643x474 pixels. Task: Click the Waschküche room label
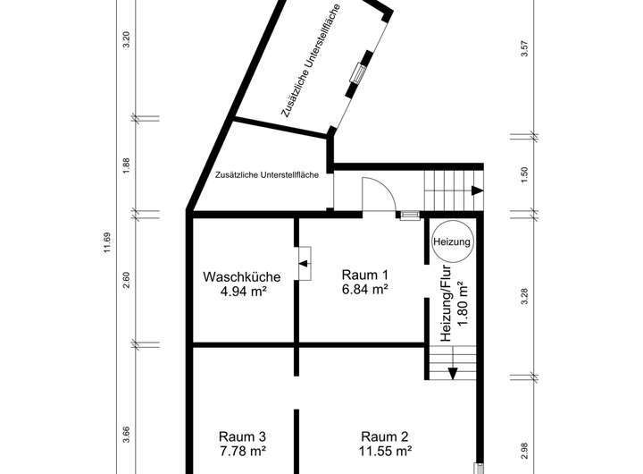tap(241, 277)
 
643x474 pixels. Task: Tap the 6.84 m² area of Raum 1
tap(365, 289)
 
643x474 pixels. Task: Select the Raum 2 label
tap(385, 436)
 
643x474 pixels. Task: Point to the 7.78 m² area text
tap(242, 451)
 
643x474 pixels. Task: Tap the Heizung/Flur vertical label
tap(446, 303)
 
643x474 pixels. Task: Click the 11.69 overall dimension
tap(107, 243)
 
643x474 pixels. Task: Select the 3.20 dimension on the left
tap(127, 39)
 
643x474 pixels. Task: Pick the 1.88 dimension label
tap(127, 165)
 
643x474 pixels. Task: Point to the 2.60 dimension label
tap(127, 280)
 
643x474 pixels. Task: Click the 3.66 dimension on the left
tap(127, 435)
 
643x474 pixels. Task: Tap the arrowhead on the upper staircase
tap(477, 190)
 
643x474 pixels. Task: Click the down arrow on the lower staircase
tap(453, 373)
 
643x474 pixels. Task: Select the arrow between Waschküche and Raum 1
tap(304, 263)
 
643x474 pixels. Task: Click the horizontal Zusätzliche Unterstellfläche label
tap(267, 175)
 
